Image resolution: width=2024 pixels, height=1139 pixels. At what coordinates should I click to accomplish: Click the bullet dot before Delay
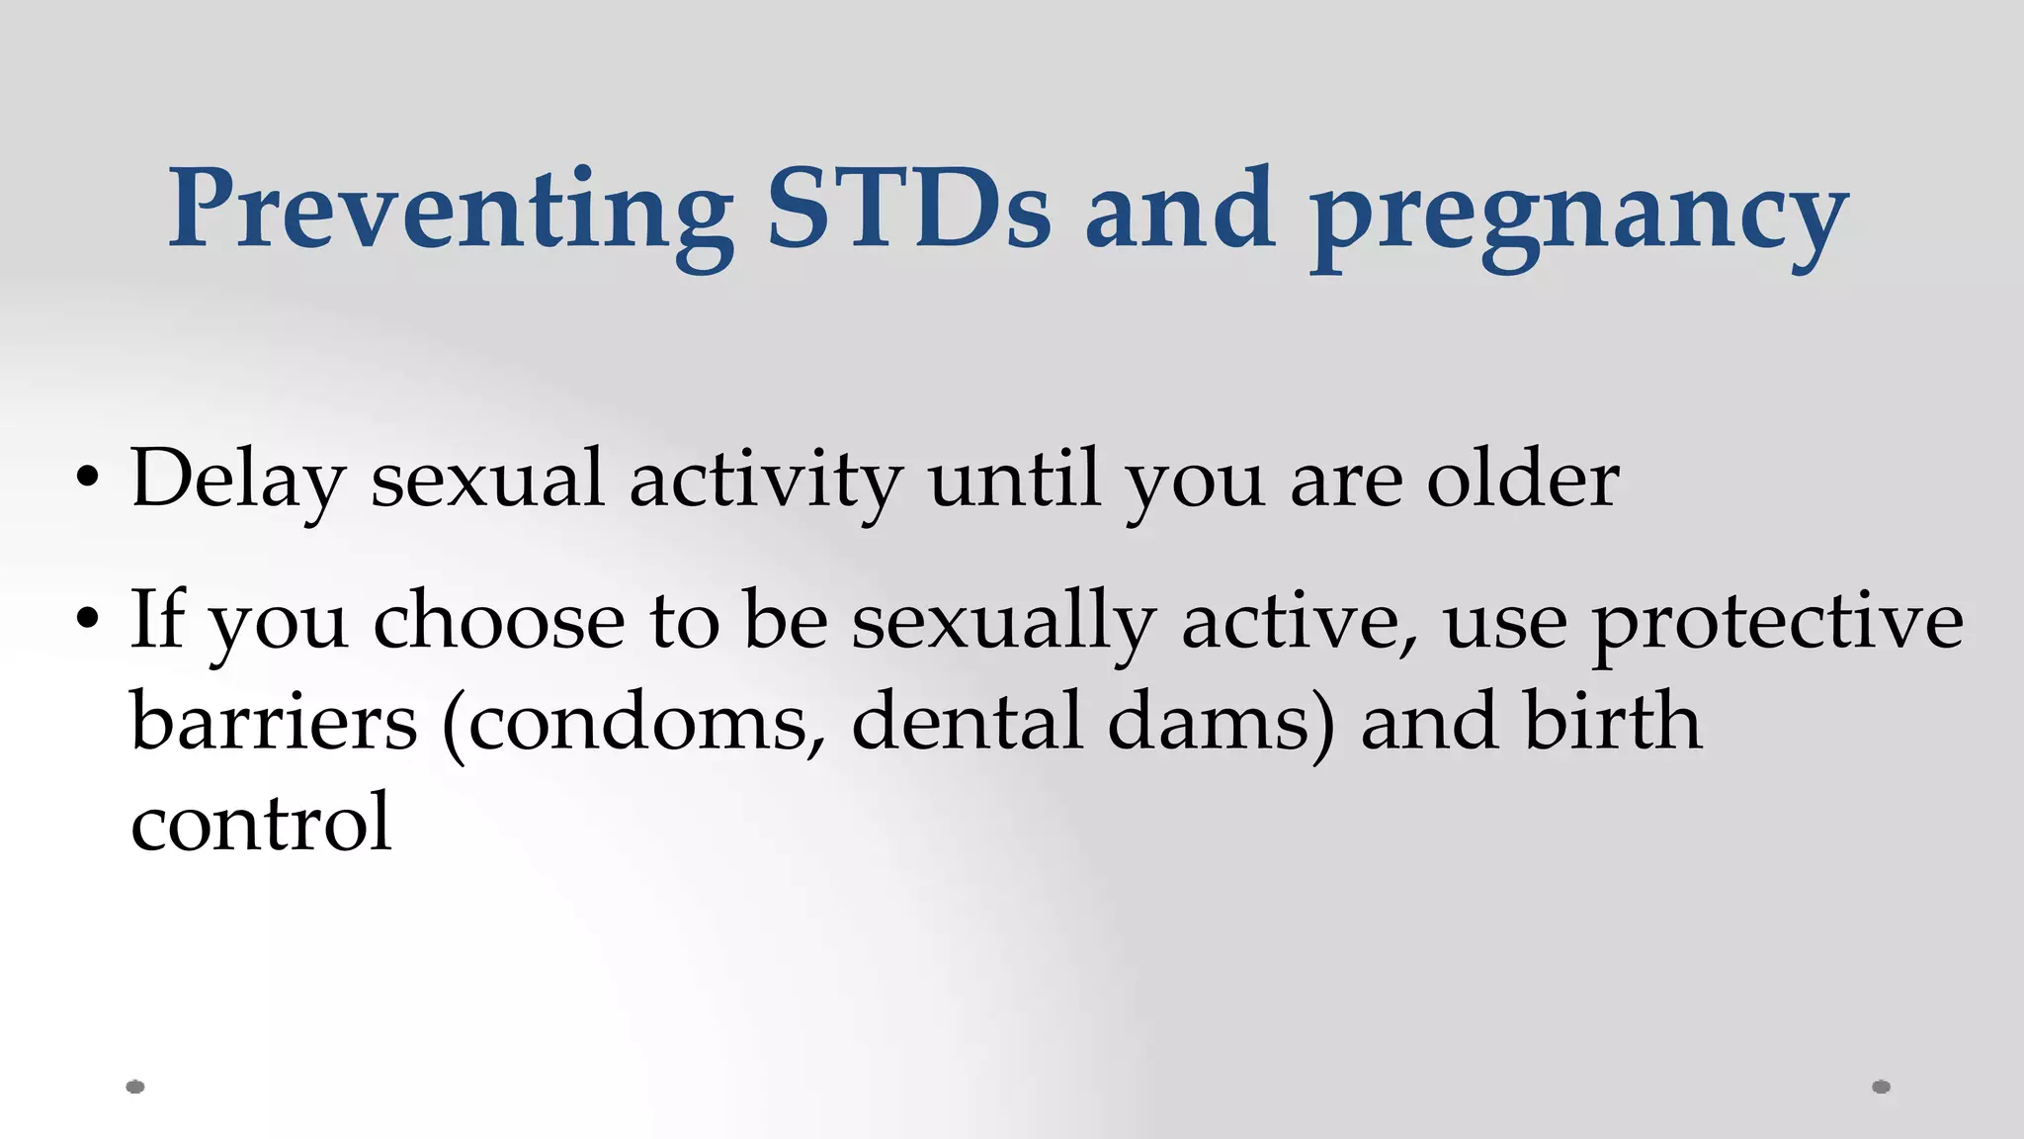87,479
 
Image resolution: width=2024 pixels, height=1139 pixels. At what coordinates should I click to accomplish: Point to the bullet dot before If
87,620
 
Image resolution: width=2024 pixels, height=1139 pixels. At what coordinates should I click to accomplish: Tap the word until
1014,479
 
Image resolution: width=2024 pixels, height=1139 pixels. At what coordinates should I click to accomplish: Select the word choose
498,621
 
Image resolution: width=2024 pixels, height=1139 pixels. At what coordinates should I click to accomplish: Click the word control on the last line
261,823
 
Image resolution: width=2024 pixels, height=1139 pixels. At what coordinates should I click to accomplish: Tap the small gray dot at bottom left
135,1087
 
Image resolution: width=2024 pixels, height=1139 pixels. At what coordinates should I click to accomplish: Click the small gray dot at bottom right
1881,1087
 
